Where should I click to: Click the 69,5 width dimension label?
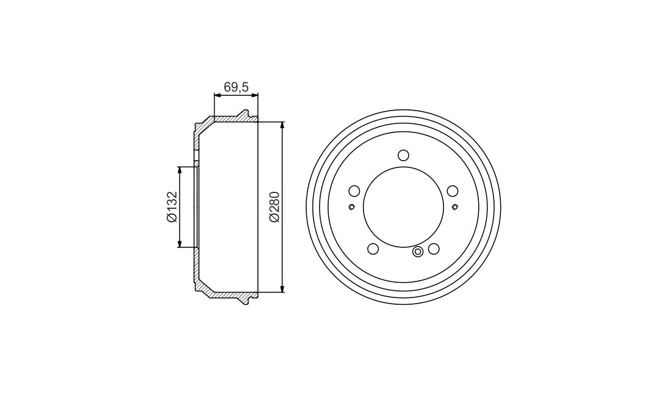(x=236, y=87)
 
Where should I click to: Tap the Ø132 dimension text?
(x=171, y=207)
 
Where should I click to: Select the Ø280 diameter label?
(x=274, y=207)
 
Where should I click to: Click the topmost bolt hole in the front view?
(x=403, y=155)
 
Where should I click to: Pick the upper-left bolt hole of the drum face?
(x=354, y=191)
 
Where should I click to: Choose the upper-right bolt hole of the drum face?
(x=453, y=191)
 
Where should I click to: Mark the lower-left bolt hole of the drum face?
(x=373, y=249)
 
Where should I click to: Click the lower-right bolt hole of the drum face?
(x=434, y=249)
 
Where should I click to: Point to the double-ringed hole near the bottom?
(x=418, y=252)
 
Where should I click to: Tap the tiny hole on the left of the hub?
(x=351, y=207)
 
